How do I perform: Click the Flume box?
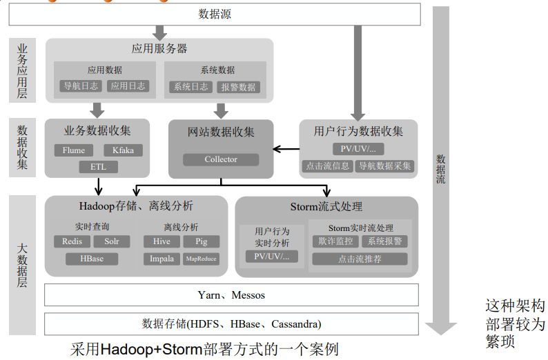[74, 150]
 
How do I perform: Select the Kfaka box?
[123, 150]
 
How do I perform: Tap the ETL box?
[98, 167]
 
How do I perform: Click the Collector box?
[221, 159]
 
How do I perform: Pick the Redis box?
[72, 241]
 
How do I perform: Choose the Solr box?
[112, 241]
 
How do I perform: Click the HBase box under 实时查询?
[92, 259]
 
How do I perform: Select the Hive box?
[162, 241]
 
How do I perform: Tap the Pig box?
[202, 241]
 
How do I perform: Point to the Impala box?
[162, 259]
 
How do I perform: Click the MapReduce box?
[201, 259]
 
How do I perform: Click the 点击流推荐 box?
[360, 259]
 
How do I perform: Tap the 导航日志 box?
[81, 86]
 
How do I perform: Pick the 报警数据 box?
[238, 87]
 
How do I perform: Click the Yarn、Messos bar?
[231, 294]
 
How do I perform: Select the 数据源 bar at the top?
[215, 14]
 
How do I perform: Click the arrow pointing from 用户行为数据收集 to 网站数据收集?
[286, 148]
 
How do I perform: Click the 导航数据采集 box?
[384, 166]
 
